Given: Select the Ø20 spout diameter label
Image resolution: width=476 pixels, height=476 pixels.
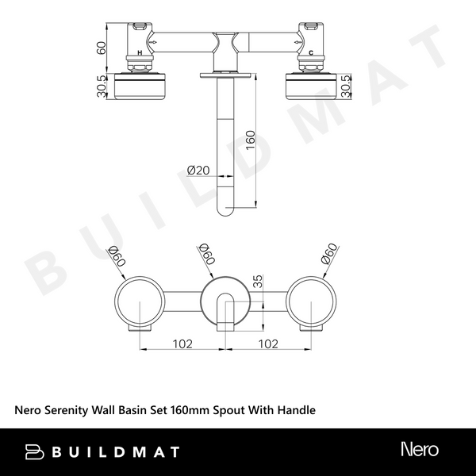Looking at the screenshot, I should (x=198, y=170).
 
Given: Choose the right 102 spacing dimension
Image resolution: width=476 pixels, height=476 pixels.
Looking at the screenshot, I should (x=267, y=344).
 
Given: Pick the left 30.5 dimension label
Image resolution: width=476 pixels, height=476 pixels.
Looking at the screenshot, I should (x=102, y=86).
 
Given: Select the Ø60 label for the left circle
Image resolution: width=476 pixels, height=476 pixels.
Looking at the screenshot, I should (x=117, y=255).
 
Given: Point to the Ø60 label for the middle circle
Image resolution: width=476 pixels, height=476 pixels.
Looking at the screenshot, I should (x=205, y=255).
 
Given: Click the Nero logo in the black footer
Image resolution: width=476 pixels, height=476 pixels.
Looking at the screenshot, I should (x=418, y=450).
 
